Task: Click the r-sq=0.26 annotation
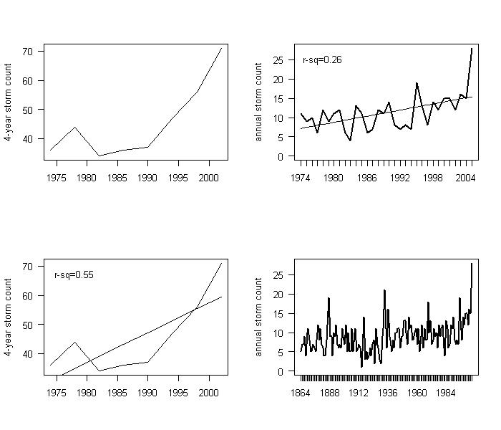coord(322,59)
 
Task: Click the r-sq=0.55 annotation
coord(74,274)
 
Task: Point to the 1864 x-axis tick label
coord(301,393)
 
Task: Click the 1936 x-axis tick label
coord(388,393)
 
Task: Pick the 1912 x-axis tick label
coord(359,393)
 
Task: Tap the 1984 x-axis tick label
coord(447,393)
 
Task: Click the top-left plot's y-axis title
coord(9,102)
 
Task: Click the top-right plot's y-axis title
coord(259,102)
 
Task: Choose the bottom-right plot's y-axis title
coord(259,317)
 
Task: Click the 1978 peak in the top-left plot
coord(74,127)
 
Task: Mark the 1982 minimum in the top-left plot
coord(99,156)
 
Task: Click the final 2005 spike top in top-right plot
coord(472,49)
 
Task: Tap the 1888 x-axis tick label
coord(329,393)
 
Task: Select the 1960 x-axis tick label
coord(417,393)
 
